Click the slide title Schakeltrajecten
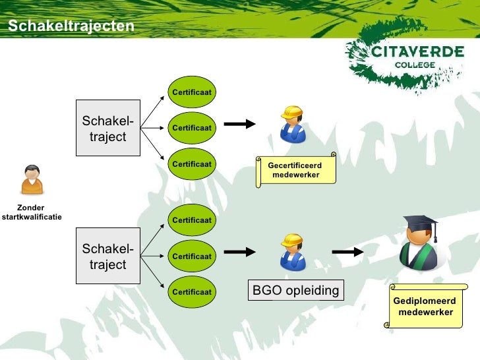pos(71,26)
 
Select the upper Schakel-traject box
pos(107,128)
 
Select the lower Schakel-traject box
pos(107,256)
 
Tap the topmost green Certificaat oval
pos(192,92)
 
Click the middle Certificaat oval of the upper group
pos(192,128)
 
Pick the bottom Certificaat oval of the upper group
pos(192,164)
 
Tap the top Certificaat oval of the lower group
pos(192,220)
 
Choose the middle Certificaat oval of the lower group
pos(192,256)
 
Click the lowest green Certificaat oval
pos(192,291)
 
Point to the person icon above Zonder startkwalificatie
pos(32,179)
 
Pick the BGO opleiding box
pos(295,291)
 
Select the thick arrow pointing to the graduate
pos(347,251)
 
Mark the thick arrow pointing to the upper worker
pos(240,123)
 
